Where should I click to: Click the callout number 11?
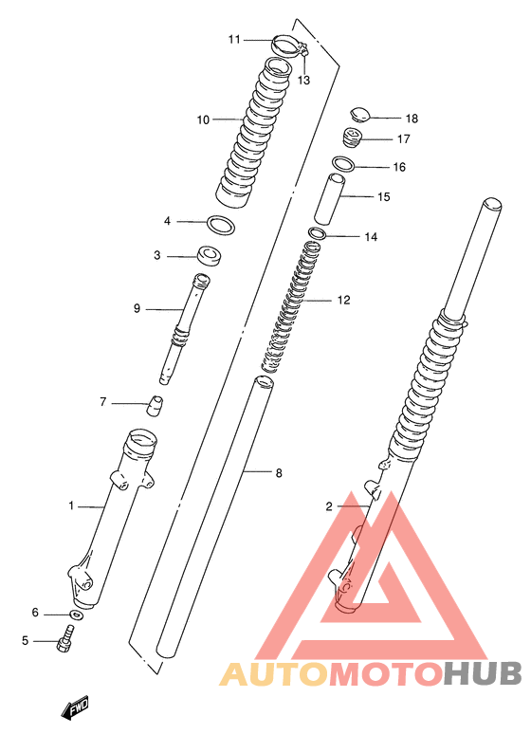pyautogui.click(x=234, y=39)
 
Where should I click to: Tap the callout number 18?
pyautogui.click(x=412, y=119)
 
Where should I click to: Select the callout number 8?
pyautogui.click(x=279, y=473)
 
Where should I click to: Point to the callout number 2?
pyautogui.click(x=329, y=506)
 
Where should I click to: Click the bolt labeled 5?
pyautogui.click(x=65, y=638)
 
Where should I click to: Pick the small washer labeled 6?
pyautogui.click(x=77, y=615)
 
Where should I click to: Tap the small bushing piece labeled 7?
pyautogui.click(x=154, y=405)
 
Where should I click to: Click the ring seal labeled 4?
pyautogui.click(x=221, y=226)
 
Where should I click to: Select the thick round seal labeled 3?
pyautogui.click(x=210, y=256)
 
